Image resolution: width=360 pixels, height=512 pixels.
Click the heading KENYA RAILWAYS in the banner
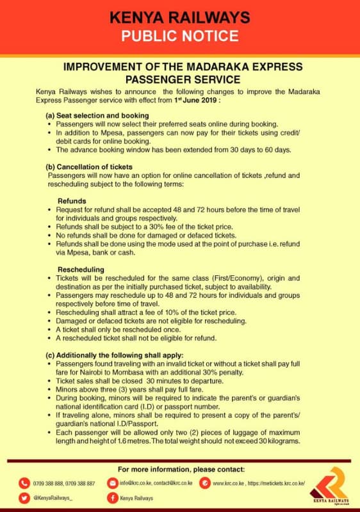pos(179,16)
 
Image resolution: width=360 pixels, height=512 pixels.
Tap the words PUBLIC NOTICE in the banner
pos(179,35)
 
